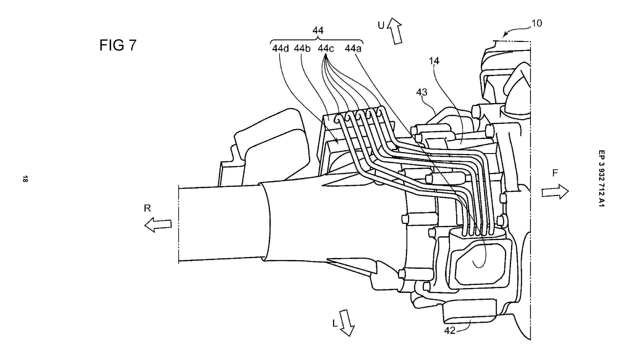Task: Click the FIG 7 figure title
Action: coord(118,45)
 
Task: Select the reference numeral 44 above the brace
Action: coord(317,30)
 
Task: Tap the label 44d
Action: coord(280,48)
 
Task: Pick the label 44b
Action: coord(302,48)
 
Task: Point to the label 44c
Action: coord(326,48)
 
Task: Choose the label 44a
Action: coord(353,48)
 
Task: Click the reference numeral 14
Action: coord(434,61)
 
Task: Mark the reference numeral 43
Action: coord(422,92)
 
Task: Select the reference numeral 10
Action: coord(537,23)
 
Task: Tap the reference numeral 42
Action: coord(450,331)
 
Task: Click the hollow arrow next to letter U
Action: coord(395,31)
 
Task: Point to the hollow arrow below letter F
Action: coord(555,192)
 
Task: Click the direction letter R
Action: coord(147,208)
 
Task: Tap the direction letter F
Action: coord(555,173)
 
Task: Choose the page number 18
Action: coord(25,179)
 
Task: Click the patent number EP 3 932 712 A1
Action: coord(601,178)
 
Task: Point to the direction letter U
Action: coord(381,25)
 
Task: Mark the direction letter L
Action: coord(335,323)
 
